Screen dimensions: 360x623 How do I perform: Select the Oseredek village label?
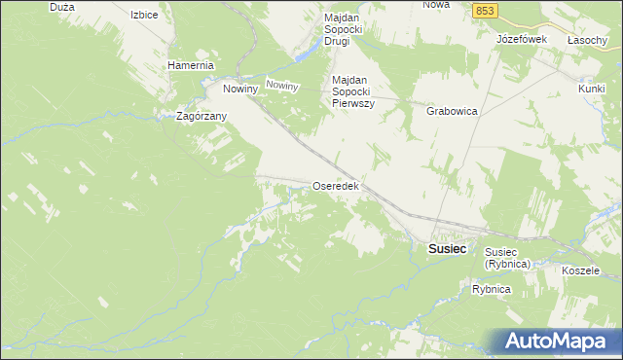tap(336, 185)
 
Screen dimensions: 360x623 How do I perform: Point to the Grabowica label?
tap(452, 111)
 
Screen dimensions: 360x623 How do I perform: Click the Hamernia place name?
tap(190, 65)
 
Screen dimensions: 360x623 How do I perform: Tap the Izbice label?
tap(144, 16)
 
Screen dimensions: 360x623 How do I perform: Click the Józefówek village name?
tap(522, 39)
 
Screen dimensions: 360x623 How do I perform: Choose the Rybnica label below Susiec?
tap(492, 290)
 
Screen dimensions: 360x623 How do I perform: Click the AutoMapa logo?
tap(555, 342)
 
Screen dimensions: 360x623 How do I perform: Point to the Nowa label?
tap(436, 5)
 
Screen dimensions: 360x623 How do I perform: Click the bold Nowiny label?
tap(239, 89)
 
